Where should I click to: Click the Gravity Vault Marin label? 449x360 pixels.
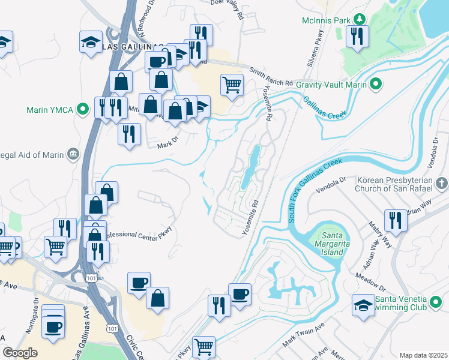click(331, 85)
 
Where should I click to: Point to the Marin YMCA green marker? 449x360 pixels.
click(84, 110)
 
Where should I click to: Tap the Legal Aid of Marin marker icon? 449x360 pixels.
click(73, 154)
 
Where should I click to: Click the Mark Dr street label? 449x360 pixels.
click(169, 145)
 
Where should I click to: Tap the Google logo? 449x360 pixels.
click(20, 353)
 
